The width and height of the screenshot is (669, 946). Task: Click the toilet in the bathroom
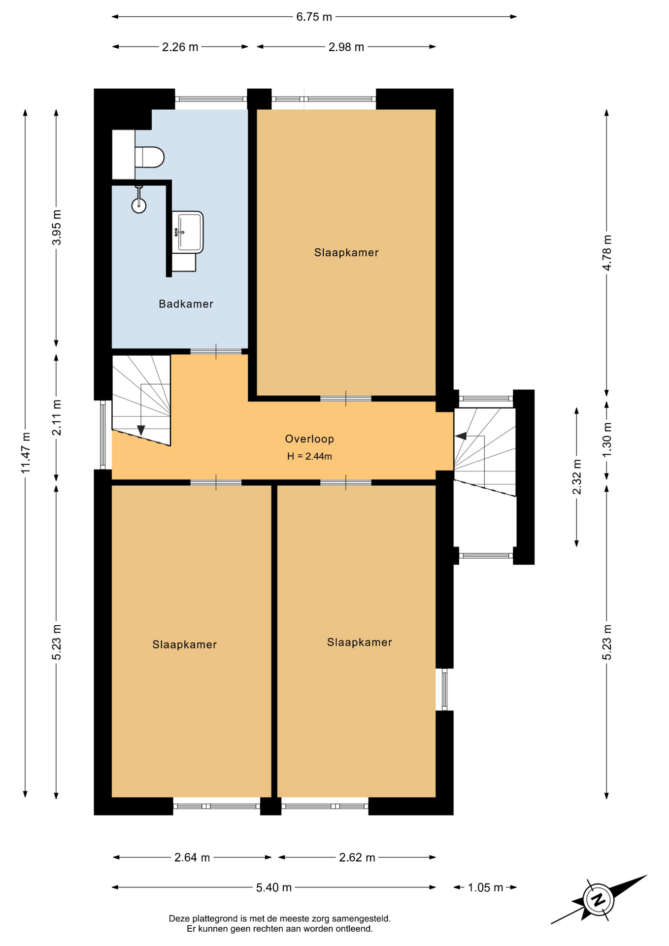pyautogui.click(x=149, y=157)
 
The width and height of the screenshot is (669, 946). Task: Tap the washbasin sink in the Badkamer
pyautogui.click(x=188, y=232)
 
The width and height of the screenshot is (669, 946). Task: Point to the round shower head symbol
pyautogui.click(x=139, y=205)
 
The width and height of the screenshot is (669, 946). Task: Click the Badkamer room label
pyautogui.click(x=186, y=304)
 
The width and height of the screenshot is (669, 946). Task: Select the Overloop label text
pyautogui.click(x=309, y=439)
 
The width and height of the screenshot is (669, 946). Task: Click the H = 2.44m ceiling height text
pyautogui.click(x=309, y=456)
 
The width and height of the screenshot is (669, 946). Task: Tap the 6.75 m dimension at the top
pyautogui.click(x=314, y=17)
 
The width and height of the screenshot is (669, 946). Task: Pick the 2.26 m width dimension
pyautogui.click(x=180, y=47)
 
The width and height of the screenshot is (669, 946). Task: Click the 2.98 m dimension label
pyautogui.click(x=346, y=47)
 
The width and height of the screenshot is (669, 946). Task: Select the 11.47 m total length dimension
pyautogui.click(x=26, y=453)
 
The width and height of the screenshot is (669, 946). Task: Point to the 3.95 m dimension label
pyautogui.click(x=57, y=227)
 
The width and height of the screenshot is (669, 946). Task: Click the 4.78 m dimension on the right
pyautogui.click(x=607, y=252)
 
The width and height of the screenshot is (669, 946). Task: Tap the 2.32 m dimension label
pyautogui.click(x=577, y=477)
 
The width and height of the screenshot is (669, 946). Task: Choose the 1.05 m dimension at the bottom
pyautogui.click(x=485, y=887)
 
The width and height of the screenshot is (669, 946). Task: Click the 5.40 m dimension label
pyautogui.click(x=274, y=887)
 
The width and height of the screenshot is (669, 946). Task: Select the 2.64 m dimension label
pyautogui.click(x=192, y=857)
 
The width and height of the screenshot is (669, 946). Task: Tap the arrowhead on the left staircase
pyautogui.click(x=141, y=430)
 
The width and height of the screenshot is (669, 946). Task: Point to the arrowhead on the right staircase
pyautogui.click(x=461, y=436)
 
